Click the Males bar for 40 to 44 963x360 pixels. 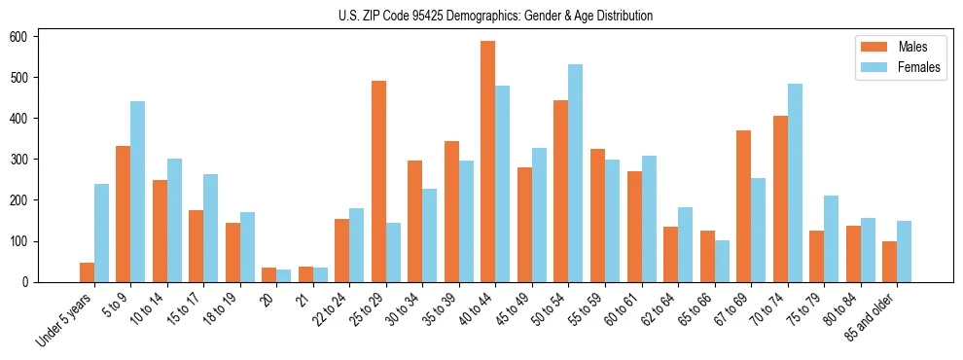(487, 162)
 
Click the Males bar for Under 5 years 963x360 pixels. (87, 272)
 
